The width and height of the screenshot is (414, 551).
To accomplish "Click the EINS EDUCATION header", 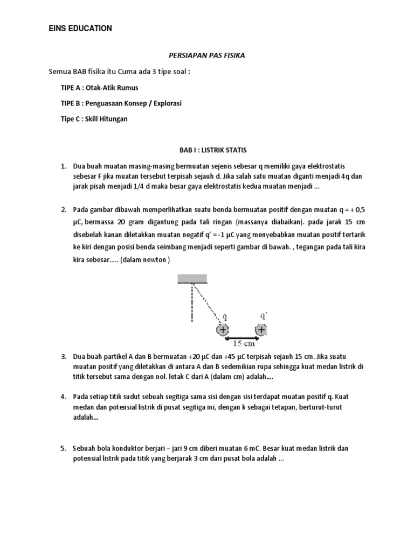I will [80, 29].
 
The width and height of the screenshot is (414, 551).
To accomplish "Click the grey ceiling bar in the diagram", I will [192, 278].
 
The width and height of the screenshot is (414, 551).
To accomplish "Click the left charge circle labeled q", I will [222, 330].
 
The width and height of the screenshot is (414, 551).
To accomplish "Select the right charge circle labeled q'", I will [261, 330].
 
